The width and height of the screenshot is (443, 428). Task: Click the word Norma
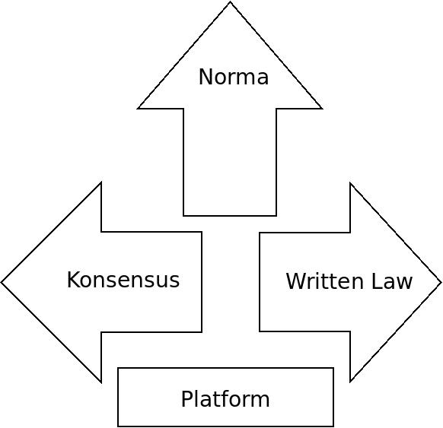(x=234, y=77)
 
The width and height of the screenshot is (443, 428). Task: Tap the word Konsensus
(x=123, y=280)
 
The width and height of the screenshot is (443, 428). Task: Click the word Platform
(x=225, y=398)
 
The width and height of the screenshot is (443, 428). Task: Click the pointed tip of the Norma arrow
(x=230, y=2)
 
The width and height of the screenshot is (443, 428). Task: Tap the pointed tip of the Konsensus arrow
(x=2, y=282)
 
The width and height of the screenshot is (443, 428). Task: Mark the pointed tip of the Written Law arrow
(x=441, y=282)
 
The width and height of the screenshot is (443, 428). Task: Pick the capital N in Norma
(x=206, y=77)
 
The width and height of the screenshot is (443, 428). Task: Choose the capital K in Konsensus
(x=73, y=280)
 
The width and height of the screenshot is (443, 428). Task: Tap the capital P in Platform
(x=187, y=398)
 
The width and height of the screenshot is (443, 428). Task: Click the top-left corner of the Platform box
(x=118, y=368)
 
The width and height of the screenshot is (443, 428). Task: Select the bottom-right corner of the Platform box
(x=333, y=426)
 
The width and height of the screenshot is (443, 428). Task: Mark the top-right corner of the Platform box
(x=333, y=368)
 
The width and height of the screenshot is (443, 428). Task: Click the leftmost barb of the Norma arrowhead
(x=138, y=108)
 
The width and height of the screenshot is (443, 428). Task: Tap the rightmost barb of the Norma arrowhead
(x=322, y=108)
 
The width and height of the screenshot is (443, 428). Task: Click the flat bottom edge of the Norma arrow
(x=230, y=216)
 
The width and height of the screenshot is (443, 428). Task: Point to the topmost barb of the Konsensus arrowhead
(x=101, y=182)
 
